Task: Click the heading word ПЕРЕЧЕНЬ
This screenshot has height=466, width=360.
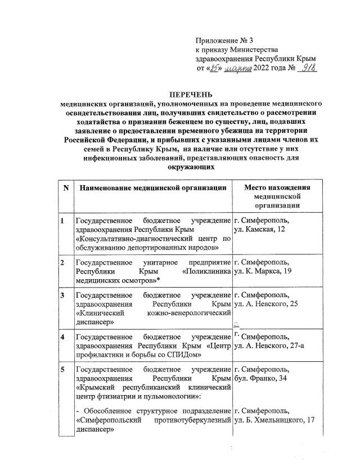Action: pos(192,95)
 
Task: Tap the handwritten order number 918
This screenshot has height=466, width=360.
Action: pos(308,68)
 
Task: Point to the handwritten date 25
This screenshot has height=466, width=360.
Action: pos(214,69)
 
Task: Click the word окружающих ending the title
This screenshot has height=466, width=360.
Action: pos(192,167)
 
